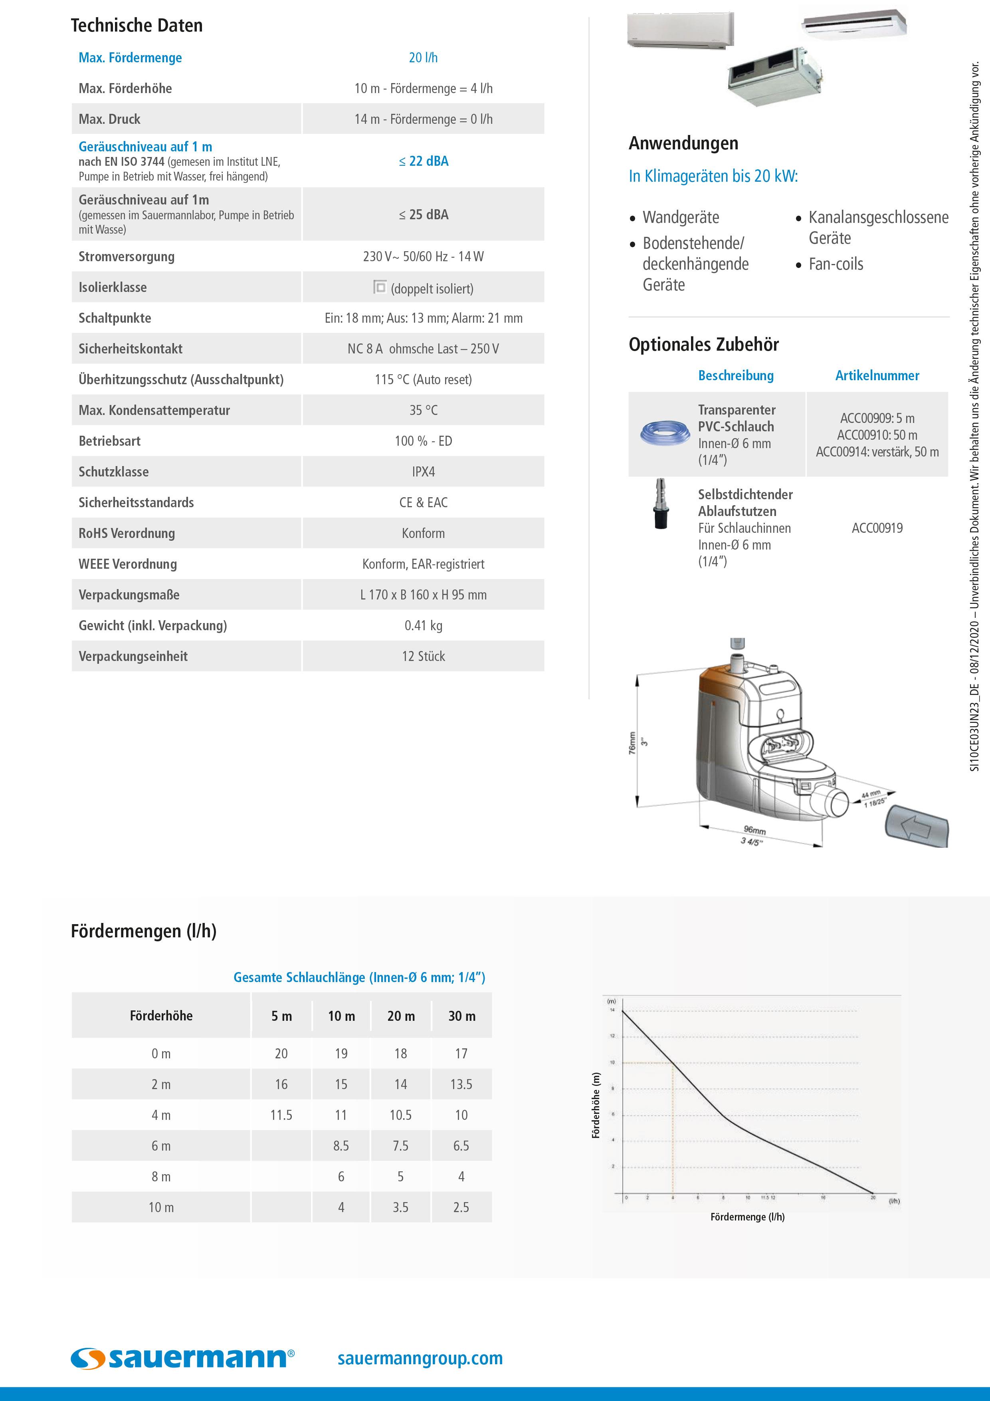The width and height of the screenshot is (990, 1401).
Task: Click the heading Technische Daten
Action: pos(137,26)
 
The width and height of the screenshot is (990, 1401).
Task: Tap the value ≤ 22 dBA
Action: pos(423,161)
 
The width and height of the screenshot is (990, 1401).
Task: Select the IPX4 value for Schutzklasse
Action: pos(423,472)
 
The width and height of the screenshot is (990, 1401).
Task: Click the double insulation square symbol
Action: pos(379,287)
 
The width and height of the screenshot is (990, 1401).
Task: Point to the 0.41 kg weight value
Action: pos(423,625)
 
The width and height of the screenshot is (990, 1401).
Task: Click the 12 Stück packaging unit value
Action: pos(423,657)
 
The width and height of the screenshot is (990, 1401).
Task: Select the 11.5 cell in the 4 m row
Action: pos(281,1115)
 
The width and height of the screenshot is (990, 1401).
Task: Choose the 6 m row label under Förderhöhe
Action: pos(161,1146)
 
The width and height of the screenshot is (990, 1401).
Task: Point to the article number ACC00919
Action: pos(877,528)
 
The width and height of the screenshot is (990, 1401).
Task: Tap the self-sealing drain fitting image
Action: pos(661,504)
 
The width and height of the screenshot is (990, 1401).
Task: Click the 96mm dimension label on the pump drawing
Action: pos(754,830)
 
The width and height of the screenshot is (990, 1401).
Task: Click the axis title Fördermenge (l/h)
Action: pos(747,1217)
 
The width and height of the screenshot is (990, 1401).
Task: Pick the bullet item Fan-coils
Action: pos(836,264)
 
